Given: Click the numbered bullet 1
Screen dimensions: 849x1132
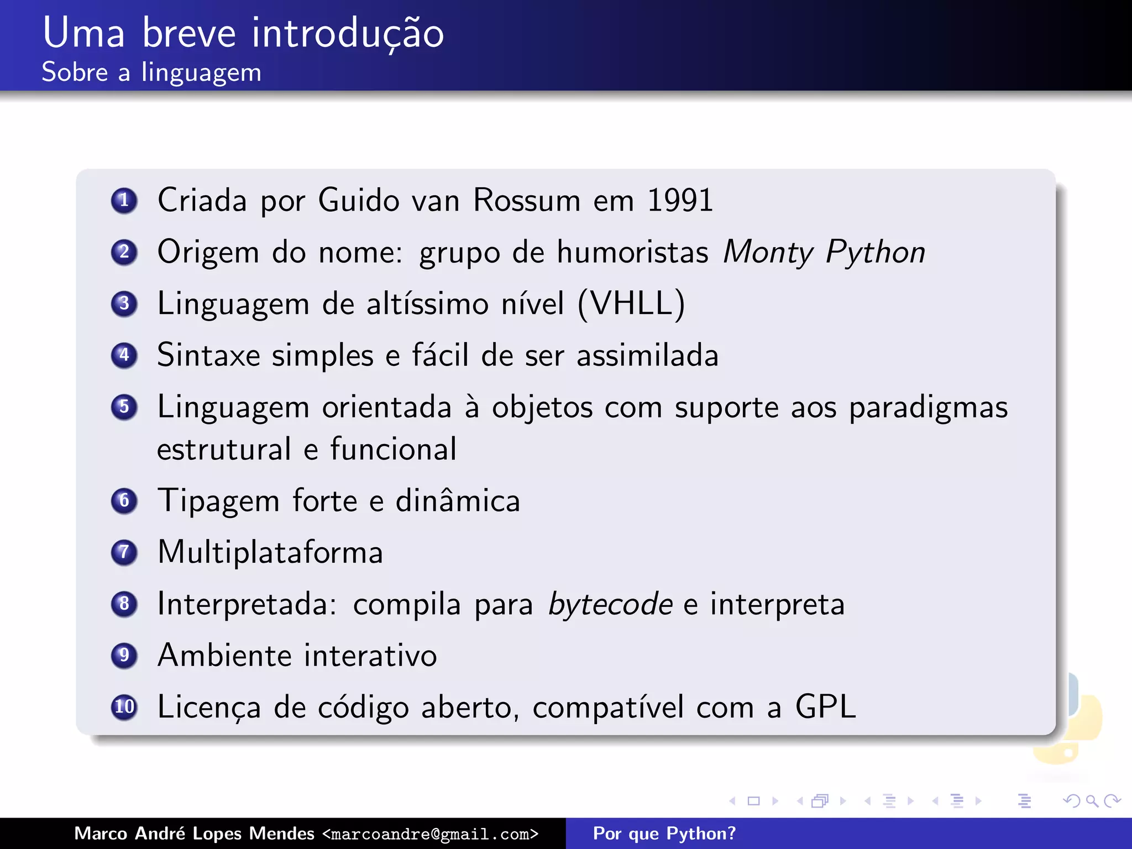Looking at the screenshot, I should click(x=124, y=200).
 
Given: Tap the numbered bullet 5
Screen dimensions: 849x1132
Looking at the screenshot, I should click(x=124, y=407).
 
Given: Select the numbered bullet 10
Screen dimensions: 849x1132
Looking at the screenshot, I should click(x=124, y=707).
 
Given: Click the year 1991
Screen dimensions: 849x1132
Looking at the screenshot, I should click(x=680, y=200).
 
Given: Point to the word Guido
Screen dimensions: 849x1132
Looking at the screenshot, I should click(x=359, y=200).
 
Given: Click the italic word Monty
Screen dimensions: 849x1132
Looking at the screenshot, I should click(x=768, y=252).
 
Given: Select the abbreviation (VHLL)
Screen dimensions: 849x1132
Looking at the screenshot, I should click(x=631, y=303).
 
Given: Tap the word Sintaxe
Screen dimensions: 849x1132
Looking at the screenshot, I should click(x=208, y=355).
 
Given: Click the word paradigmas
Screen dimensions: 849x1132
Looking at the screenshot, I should click(x=928, y=408).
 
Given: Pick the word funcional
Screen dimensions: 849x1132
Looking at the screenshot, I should click(x=394, y=449).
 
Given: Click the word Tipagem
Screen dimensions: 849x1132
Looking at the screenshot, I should click(x=218, y=501).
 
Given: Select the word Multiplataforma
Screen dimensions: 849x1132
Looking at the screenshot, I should click(x=270, y=552).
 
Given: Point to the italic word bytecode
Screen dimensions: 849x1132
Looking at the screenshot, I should click(x=610, y=604).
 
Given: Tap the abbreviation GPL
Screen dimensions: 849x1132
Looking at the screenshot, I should click(x=826, y=707).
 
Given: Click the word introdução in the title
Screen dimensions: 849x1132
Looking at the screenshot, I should click(x=348, y=33).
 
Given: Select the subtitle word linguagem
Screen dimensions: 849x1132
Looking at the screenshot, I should click(x=201, y=73).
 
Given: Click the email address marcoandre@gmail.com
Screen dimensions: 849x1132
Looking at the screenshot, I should click(x=430, y=834).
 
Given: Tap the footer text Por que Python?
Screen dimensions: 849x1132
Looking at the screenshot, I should click(x=664, y=834).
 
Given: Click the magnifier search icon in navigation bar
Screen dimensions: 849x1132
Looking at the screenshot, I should click(x=1092, y=800).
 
